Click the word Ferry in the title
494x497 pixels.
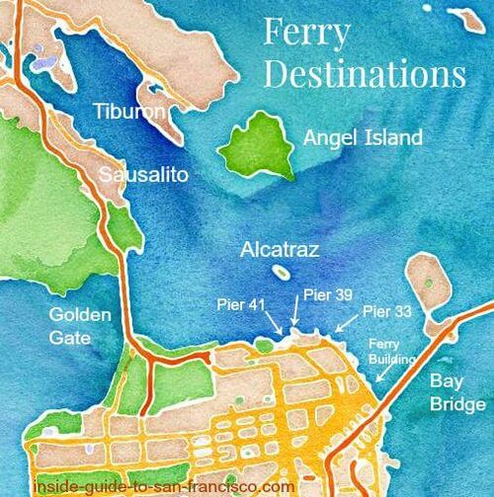tap(306, 32)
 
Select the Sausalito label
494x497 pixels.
tap(143, 175)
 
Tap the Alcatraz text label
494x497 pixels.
tap(278, 250)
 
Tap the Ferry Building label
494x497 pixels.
tap(384, 352)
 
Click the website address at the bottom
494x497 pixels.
tap(163, 486)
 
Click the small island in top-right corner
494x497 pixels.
tap(463, 17)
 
